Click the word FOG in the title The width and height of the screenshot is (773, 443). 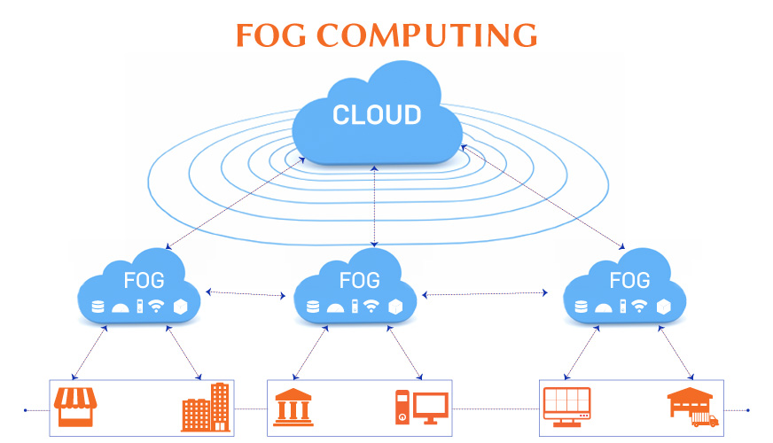click(271, 35)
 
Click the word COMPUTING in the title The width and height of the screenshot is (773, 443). click(427, 35)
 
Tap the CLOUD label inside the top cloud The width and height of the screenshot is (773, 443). click(377, 115)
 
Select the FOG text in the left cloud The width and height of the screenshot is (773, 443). click(144, 281)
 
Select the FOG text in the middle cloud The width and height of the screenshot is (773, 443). click(360, 281)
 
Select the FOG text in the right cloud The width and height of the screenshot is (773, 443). click(630, 281)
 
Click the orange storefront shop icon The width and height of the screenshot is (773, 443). click(74, 407)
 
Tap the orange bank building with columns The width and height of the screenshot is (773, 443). click(293, 407)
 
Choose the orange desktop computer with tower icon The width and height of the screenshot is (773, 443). click(422, 408)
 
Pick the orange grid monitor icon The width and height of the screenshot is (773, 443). click(566, 408)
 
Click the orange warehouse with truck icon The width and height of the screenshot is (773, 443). click(692, 407)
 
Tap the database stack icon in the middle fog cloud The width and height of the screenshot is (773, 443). click(312, 307)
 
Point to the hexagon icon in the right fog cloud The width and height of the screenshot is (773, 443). click(664, 307)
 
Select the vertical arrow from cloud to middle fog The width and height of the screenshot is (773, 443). click(376, 204)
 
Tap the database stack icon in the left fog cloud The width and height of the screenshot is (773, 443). click(98, 307)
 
